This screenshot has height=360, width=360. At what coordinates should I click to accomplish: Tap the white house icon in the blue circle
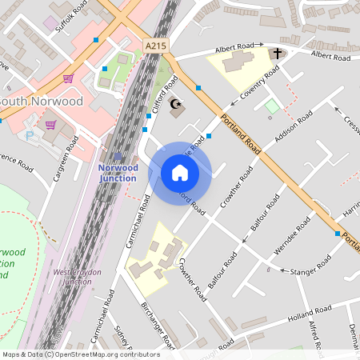point(180,173)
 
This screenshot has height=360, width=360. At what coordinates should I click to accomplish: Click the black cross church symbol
point(278,54)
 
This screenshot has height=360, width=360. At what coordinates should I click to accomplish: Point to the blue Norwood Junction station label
point(118,173)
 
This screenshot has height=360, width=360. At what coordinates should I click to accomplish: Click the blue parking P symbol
point(31,135)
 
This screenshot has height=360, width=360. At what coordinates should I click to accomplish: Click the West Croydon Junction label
point(77,277)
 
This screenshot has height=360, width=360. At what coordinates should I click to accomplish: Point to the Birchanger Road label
point(157,326)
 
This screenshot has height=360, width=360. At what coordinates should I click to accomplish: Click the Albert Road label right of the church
point(330,57)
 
